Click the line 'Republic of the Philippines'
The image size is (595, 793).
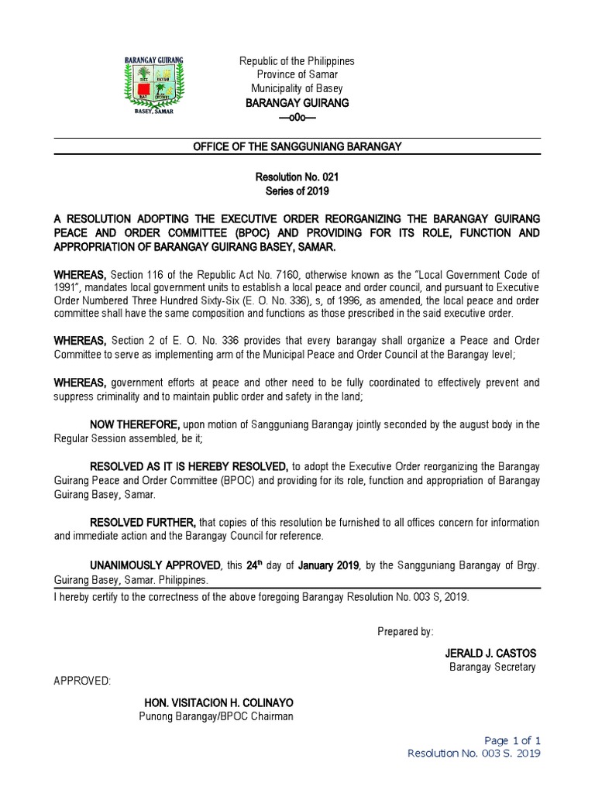pyautogui.click(x=297, y=61)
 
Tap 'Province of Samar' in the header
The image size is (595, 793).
pyautogui.click(x=297, y=75)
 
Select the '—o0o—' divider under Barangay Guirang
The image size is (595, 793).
pyautogui.click(x=297, y=117)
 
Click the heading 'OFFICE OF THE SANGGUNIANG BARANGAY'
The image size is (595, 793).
pyautogui.click(x=297, y=147)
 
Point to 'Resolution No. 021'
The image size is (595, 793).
pyautogui.click(x=297, y=178)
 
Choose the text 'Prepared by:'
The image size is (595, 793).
pyautogui.click(x=405, y=632)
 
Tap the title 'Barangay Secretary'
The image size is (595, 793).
pyautogui.click(x=492, y=668)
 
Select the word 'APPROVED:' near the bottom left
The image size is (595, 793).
pyautogui.click(x=81, y=681)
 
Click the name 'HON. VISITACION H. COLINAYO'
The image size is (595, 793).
pyautogui.click(x=218, y=702)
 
